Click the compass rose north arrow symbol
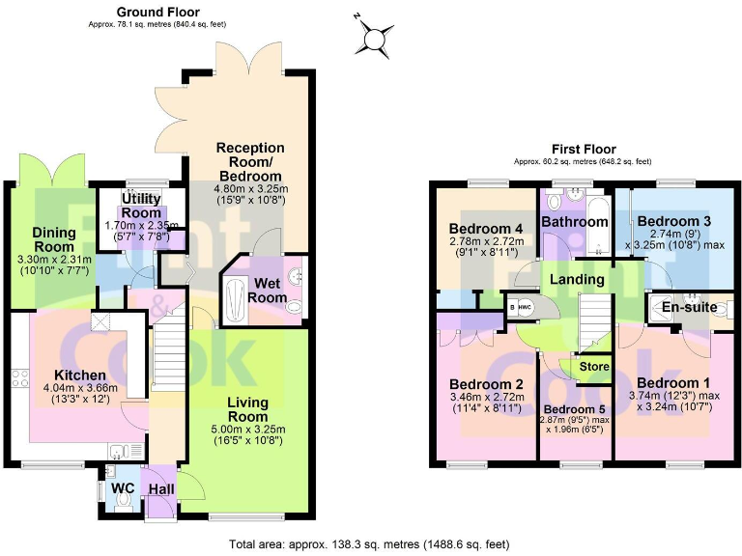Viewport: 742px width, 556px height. coord(372,38)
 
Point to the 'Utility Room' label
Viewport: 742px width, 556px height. coord(141,206)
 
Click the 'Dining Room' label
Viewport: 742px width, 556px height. coord(54,239)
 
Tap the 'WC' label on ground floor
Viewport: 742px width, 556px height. coord(123,488)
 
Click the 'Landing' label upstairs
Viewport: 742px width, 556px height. coord(578,280)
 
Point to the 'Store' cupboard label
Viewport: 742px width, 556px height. coord(594,367)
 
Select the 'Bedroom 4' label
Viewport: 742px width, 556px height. coord(486,229)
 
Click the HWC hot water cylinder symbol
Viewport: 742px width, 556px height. coord(526,307)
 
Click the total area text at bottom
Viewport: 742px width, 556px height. coord(371,544)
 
